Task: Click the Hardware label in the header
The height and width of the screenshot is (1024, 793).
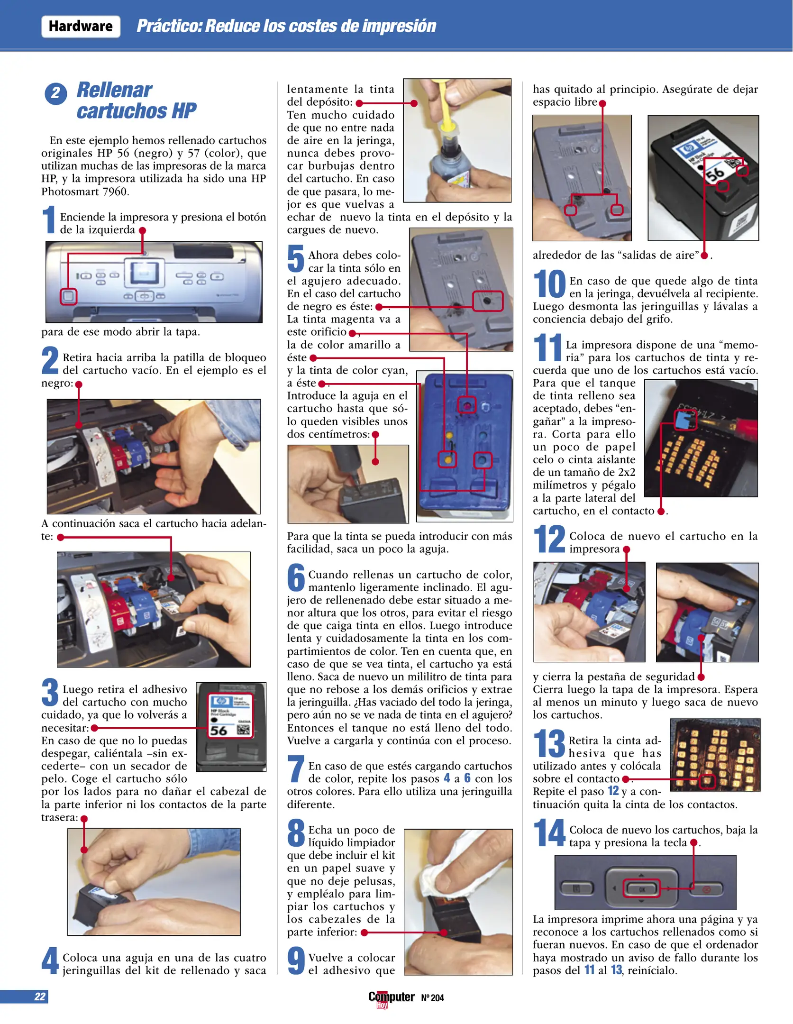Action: coord(81,26)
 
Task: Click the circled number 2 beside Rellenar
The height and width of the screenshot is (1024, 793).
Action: coord(55,93)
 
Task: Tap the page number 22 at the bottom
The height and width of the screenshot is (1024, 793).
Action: coord(40,997)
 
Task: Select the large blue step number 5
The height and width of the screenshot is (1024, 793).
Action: coord(296,259)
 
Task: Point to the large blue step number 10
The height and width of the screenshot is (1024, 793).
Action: coord(549,284)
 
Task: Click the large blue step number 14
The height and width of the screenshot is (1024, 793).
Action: coord(549,833)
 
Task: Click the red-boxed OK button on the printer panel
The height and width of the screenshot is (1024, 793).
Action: coord(641,889)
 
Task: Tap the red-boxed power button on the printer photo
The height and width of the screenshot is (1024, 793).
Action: coord(69,296)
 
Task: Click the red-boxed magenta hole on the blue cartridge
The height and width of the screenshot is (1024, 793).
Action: coord(467,405)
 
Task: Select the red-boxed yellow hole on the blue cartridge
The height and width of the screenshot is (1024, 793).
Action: coord(447,459)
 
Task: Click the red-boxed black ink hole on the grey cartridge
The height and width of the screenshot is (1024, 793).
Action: coord(488,301)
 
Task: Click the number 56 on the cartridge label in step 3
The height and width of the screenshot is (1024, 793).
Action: coord(219,730)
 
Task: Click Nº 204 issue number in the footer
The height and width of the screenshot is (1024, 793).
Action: coord(432,997)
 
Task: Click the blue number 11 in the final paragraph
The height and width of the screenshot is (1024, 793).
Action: coord(589,969)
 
